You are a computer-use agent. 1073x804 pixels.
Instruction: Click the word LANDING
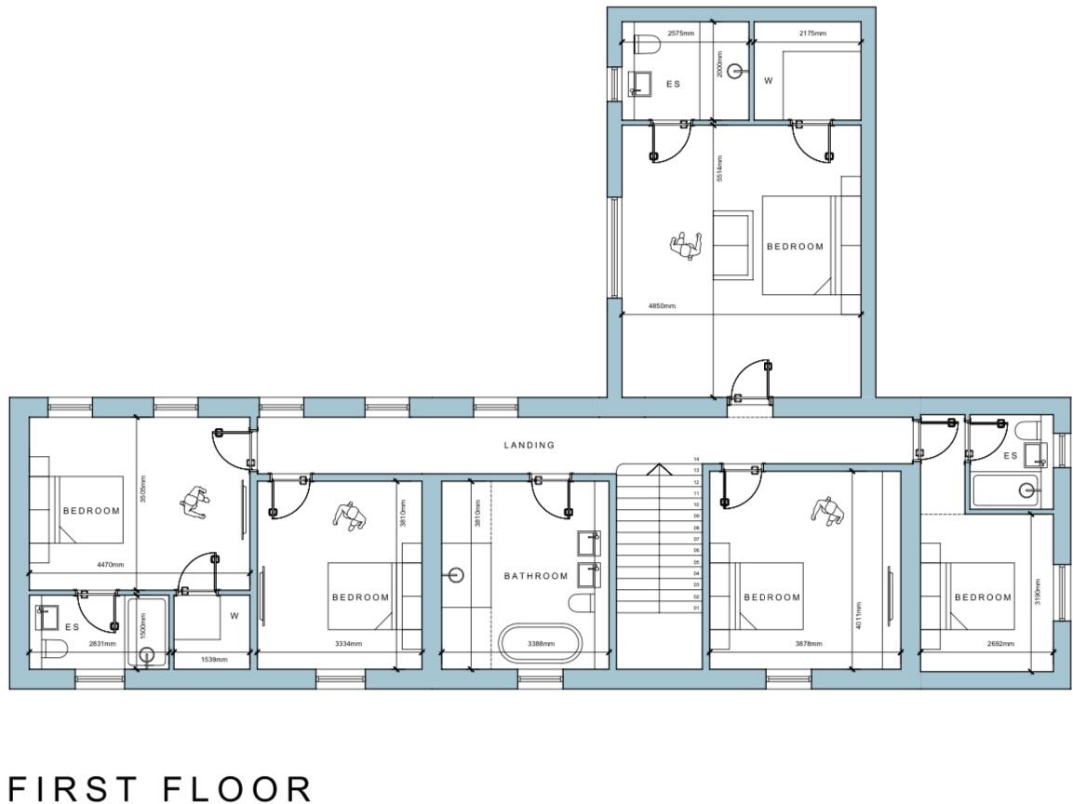click(529, 445)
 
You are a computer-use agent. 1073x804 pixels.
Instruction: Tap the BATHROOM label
click(536, 576)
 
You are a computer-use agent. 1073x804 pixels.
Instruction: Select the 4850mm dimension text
click(662, 306)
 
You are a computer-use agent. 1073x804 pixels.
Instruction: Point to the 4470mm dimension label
click(110, 564)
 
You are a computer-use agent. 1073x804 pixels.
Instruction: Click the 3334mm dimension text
click(348, 643)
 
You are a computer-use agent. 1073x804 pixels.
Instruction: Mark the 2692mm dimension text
click(1000, 643)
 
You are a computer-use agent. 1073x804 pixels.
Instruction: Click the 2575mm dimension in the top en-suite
click(682, 33)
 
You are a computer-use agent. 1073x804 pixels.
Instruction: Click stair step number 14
click(695, 460)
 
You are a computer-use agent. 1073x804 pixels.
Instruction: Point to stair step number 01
click(695, 608)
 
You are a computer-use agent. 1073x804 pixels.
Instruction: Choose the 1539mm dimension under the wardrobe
click(214, 660)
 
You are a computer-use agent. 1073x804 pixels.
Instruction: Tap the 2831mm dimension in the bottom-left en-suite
click(102, 643)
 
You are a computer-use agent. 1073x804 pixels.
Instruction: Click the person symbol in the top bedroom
click(685, 246)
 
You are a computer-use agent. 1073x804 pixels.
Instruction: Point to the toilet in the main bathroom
click(582, 603)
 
